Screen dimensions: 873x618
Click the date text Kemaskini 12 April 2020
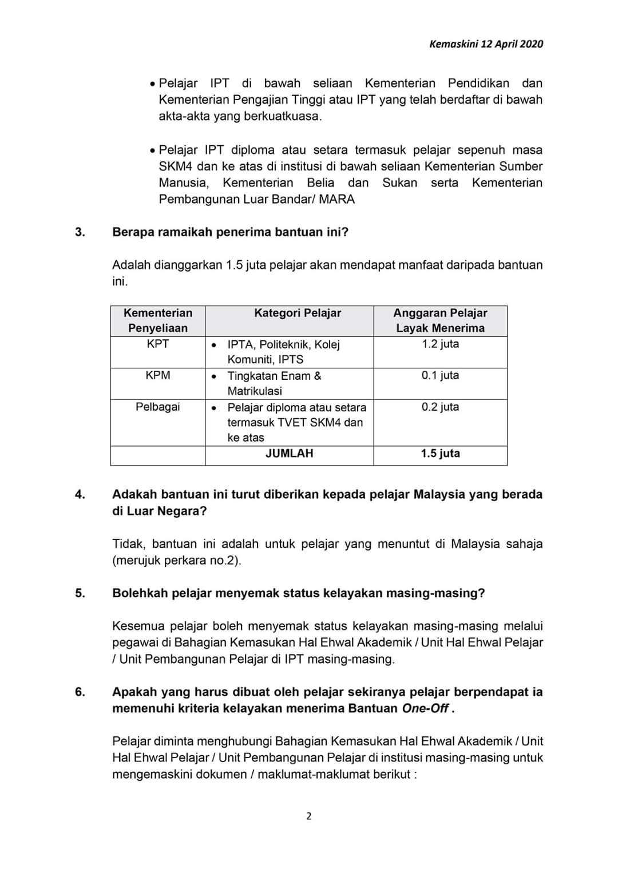(x=486, y=44)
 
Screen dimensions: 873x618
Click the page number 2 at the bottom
(x=309, y=816)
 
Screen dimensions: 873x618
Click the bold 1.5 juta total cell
(x=440, y=454)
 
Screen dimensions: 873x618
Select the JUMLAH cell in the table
(x=289, y=454)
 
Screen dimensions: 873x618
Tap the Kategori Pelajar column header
(x=298, y=313)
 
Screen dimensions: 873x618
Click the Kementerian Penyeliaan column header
(x=157, y=320)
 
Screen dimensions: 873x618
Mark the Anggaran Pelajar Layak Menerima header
(x=440, y=320)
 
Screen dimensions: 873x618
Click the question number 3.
(x=80, y=232)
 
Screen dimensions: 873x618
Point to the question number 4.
(x=80, y=494)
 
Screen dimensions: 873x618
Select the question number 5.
(x=80, y=593)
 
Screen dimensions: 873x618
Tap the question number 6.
(x=80, y=692)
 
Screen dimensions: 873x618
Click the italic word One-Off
(x=425, y=709)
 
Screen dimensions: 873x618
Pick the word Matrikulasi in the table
(x=255, y=391)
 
